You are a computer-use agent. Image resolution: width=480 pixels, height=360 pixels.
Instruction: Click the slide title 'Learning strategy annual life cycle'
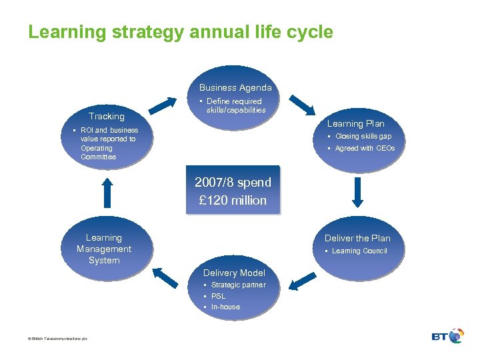coord(180,32)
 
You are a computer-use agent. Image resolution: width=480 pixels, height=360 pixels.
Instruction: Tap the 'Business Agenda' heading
coord(235,87)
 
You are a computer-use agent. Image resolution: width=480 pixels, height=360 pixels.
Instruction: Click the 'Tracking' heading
coord(107,116)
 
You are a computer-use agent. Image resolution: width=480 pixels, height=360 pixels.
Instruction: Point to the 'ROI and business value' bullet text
coord(109,143)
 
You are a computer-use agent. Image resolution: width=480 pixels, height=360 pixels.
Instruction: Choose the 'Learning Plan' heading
coord(355,123)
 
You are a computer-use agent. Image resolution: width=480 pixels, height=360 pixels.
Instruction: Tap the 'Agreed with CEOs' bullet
coord(365,148)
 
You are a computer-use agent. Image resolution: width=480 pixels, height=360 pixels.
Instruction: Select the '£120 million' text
coord(233,200)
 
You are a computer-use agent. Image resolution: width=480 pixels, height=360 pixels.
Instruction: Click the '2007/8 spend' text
coord(233,183)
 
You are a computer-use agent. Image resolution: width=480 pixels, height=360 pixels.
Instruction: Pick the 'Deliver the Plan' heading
coord(357,238)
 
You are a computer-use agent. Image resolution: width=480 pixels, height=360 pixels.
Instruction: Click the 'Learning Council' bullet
coord(359,251)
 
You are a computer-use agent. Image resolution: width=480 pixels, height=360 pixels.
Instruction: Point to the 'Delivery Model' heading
coord(234,273)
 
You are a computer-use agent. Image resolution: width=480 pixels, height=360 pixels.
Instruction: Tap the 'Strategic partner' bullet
coord(238,285)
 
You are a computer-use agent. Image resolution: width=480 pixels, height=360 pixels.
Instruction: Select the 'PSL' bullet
coord(218,296)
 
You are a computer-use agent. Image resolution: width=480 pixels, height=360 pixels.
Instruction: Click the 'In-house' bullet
coord(225,307)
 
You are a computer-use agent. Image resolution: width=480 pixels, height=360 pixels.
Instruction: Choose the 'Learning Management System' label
coord(104,249)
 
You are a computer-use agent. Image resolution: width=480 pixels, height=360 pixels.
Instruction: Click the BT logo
coord(447,336)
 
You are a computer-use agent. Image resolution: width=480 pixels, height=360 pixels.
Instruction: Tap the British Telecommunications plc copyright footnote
coord(53,339)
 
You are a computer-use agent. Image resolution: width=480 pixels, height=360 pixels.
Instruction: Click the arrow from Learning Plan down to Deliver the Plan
coord(357,192)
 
